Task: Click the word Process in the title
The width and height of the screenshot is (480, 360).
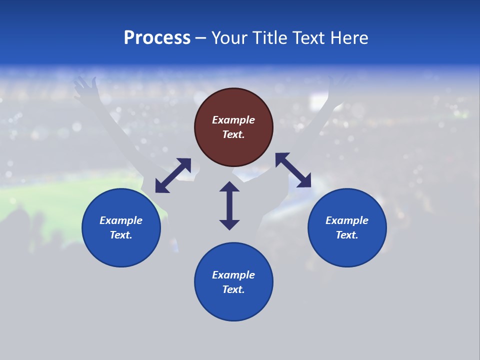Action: pos(157,38)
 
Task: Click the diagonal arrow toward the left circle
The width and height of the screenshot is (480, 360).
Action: pos(173,175)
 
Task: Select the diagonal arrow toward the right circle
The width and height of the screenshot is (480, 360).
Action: pos(293,170)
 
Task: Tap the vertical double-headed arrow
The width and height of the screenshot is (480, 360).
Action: pos(229,205)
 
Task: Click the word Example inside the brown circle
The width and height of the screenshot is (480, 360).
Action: pos(233,120)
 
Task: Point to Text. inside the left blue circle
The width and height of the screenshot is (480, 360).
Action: pos(121,235)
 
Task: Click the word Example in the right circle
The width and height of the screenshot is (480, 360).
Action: pos(347,220)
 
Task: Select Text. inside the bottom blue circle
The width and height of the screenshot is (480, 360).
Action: pos(233,289)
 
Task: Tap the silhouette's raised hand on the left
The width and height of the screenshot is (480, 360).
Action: pos(84,86)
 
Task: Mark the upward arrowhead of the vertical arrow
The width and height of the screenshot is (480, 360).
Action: pos(229,186)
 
